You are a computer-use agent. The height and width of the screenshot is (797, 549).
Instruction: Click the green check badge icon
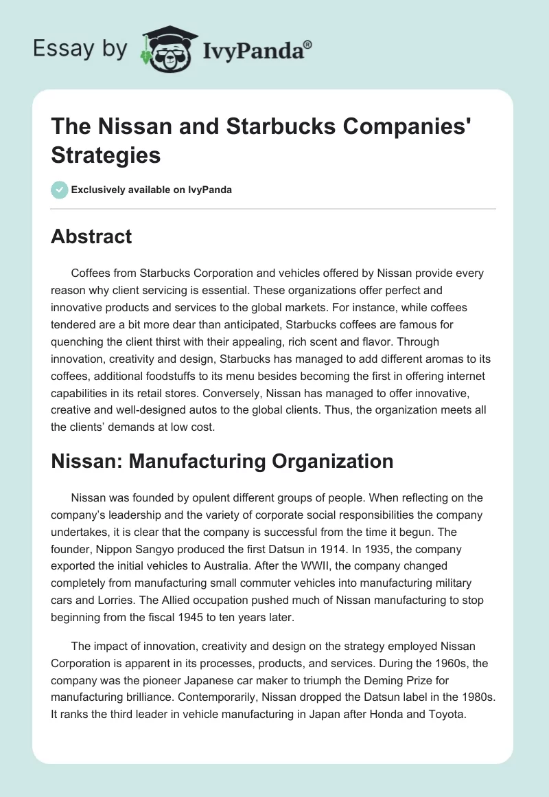(x=60, y=190)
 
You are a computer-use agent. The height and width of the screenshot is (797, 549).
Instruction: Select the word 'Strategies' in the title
(x=106, y=155)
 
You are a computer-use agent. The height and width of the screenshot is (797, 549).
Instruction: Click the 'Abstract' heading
(x=91, y=236)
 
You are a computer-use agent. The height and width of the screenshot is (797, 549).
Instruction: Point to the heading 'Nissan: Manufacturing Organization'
(x=222, y=461)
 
